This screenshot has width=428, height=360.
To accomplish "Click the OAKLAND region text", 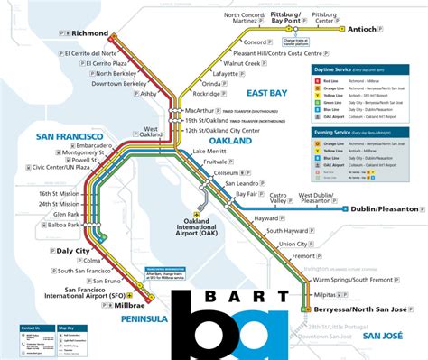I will tap(231, 140).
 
